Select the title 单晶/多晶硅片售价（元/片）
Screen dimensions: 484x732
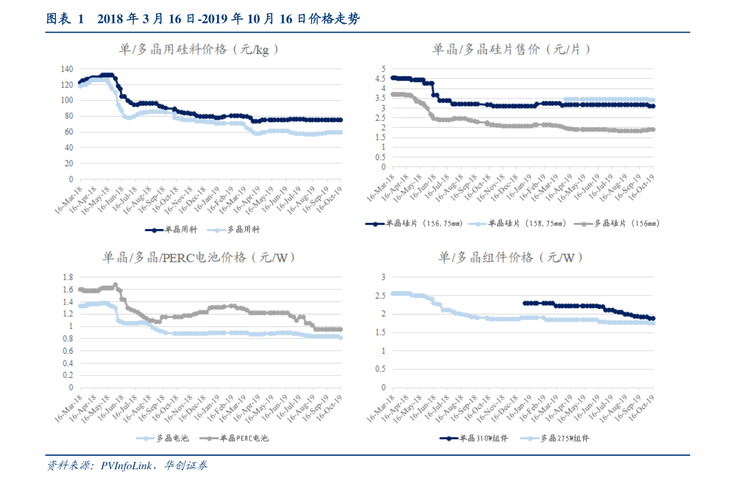[x=511, y=49]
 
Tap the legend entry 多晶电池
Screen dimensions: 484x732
[x=173, y=438]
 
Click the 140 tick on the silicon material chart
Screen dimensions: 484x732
[x=67, y=69]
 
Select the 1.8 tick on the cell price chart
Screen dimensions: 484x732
[x=68, y=277]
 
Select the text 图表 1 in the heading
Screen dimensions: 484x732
[x=65, y=19]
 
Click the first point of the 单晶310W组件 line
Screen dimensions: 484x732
[x=524, y=303]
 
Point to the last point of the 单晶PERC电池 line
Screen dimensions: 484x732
[x=340, y=329]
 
